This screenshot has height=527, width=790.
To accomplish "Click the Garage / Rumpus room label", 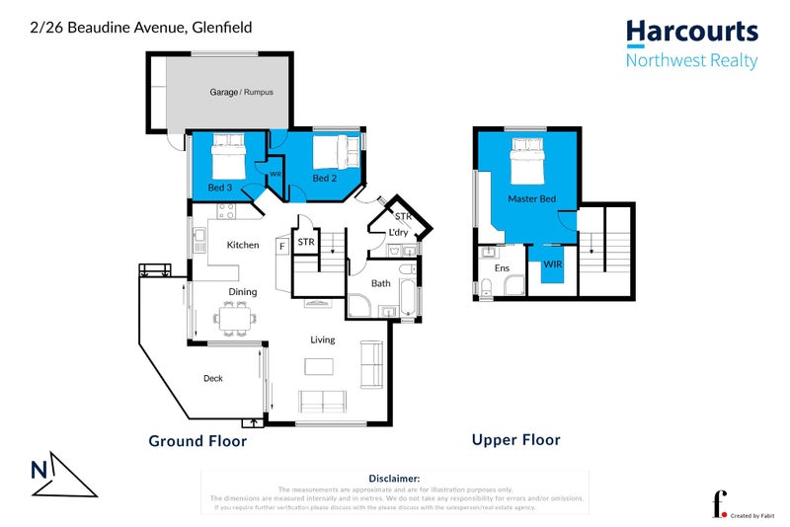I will (241, 92).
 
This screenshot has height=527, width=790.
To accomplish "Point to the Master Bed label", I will (531, 199).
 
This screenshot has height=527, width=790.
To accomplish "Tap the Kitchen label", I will (243, 245).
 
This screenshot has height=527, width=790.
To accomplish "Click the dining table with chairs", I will (235, 318).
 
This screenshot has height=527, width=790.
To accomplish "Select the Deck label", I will (213, 378).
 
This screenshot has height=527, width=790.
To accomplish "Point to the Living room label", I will (323, 339).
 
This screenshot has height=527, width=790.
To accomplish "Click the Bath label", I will (381, 284).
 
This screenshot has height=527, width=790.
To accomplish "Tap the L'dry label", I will (399, 232).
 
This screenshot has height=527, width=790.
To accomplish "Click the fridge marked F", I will (282, 244).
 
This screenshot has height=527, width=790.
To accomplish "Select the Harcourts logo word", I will (692, 32).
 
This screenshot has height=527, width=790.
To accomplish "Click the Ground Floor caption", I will (197, 441).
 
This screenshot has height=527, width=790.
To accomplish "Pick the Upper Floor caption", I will (515, 440).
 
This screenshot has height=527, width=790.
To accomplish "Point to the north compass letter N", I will (38, 470).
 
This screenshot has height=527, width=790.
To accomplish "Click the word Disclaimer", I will (394, 478).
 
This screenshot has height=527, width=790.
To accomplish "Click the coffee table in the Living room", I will (319, 366).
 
